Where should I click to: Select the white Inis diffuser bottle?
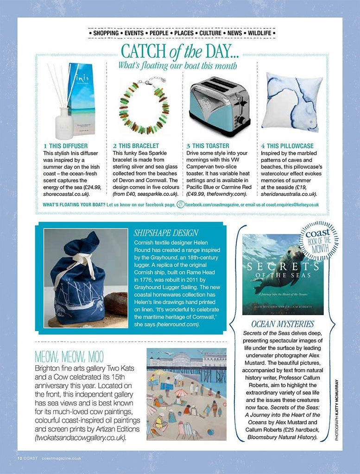[x=64, y=123]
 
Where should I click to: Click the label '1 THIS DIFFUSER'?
[x=65, y=146]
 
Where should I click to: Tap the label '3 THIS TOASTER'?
[x=208, y=146]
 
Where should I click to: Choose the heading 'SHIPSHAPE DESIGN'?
[x=166, y=233]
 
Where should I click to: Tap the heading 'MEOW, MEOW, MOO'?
[x=69, y=356]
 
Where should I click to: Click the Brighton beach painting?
[x=186, y=394]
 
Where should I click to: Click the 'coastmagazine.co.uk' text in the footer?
[x=61, y=458]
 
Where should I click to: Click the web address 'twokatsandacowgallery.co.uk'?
[x=80, y=437]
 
